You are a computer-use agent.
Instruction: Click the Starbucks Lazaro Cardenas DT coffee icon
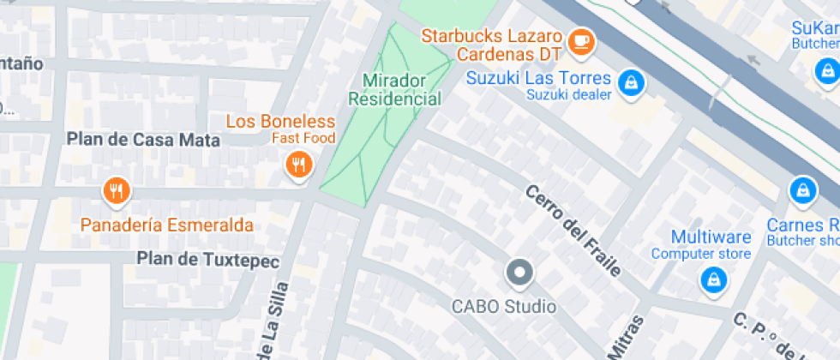coord(582,40)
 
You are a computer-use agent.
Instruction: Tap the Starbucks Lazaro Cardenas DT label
coord(491,46)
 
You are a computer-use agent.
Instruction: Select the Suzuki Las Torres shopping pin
coord(632,82)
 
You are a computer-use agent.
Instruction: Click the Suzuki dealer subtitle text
coord(569,95)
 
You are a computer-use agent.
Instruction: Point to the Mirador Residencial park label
coord(394,89)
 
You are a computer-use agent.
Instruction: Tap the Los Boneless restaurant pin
coord(298,165)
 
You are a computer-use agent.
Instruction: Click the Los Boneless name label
coord(280,121)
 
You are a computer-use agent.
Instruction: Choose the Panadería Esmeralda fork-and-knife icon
coord(116,191)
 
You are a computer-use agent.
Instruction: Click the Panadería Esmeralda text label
coord(167,225)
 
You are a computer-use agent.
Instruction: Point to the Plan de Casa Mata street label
coord(144,140)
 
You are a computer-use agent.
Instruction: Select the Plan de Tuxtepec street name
coord(205,258)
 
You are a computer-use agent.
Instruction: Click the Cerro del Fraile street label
coord(573,230)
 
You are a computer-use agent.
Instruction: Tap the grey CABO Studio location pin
coord(519,274)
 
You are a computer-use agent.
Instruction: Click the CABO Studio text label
coord(504,306)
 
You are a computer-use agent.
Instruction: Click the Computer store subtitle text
coord(700,254)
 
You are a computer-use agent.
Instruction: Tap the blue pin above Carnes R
coord(802,189)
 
